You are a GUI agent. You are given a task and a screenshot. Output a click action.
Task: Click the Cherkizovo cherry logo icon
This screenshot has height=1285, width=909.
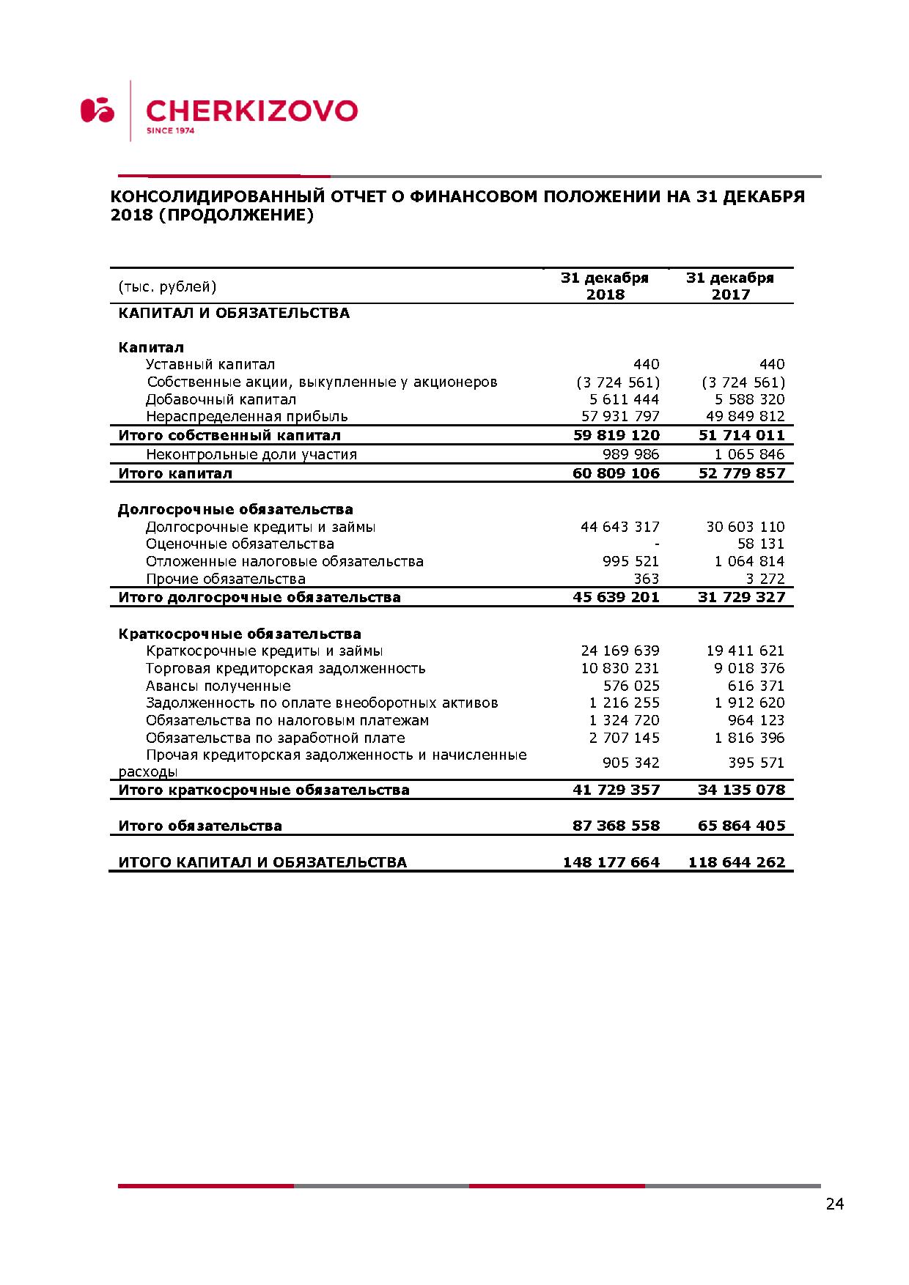pyautogui.click(x=97, y=110)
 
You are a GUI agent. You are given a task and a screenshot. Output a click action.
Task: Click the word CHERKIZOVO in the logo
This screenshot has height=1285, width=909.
pyautogui.click(x=251, y=111)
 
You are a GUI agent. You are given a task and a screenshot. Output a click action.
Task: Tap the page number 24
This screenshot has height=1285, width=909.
pyautogui.click(x=834, y=1204)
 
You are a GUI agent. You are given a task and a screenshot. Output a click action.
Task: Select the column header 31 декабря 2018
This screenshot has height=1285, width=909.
pyautogui.click(x=605, y=286)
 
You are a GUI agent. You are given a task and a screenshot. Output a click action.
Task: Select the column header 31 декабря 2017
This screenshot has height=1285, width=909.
pyautogui.click(x=730, y=286)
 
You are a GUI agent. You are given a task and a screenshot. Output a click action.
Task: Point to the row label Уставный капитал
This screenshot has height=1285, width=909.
pyautogui.click(x=210, y=365)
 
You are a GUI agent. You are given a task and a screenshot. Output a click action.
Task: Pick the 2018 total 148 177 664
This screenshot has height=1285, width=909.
pyautogui.click(x=611, y=862)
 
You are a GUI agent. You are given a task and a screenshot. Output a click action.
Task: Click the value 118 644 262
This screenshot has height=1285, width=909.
pyautogui.click(x=736, y=862)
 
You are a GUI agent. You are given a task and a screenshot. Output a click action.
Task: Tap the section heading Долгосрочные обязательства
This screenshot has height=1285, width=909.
pyautogui.click(x=235, y=509)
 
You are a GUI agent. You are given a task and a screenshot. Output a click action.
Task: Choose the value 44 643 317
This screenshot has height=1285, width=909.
pyautogui.click(x=620, y=527)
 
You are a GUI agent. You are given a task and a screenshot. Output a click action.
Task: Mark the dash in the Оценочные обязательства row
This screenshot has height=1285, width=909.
pyautogui.click(x=657, y=544)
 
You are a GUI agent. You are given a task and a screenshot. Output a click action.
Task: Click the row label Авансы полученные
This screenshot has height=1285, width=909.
pyautogui.click(x=218, y=686)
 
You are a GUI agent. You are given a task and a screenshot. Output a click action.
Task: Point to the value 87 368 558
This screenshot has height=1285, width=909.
pyautogui.click(x=616, y=826)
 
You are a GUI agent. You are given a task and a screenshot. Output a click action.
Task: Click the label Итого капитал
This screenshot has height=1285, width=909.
pyautogui.click(x=175, y=473)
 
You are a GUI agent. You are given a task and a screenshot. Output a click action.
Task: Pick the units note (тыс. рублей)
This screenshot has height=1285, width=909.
pyautogui.click(x=167, y=286)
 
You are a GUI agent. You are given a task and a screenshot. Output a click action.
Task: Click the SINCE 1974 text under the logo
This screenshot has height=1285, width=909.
pyautogui.click(x=171, y=131)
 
